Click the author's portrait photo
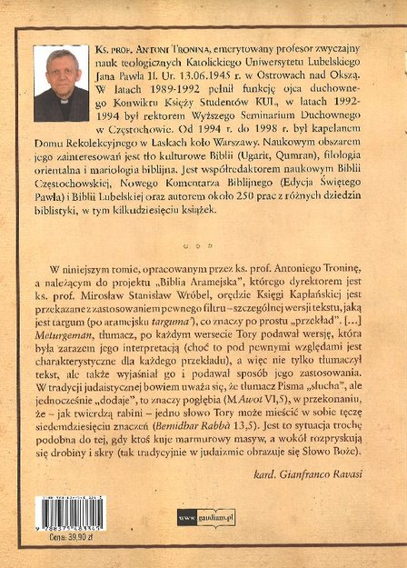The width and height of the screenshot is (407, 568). point(61,84)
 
